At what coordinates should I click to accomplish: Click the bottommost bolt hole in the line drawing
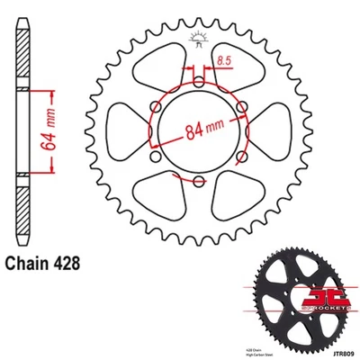coord(197,181)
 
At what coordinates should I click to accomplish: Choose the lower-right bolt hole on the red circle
coord(238,157)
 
